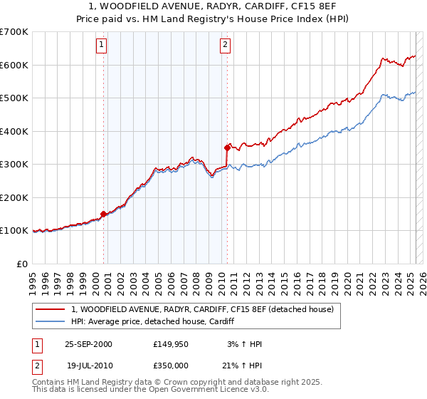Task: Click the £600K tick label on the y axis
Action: point(14,65)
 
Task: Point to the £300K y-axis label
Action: point(14,165)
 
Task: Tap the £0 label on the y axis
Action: point(23,264)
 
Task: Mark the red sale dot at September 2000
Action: point(104,214)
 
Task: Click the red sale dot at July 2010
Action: point(227,147)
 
